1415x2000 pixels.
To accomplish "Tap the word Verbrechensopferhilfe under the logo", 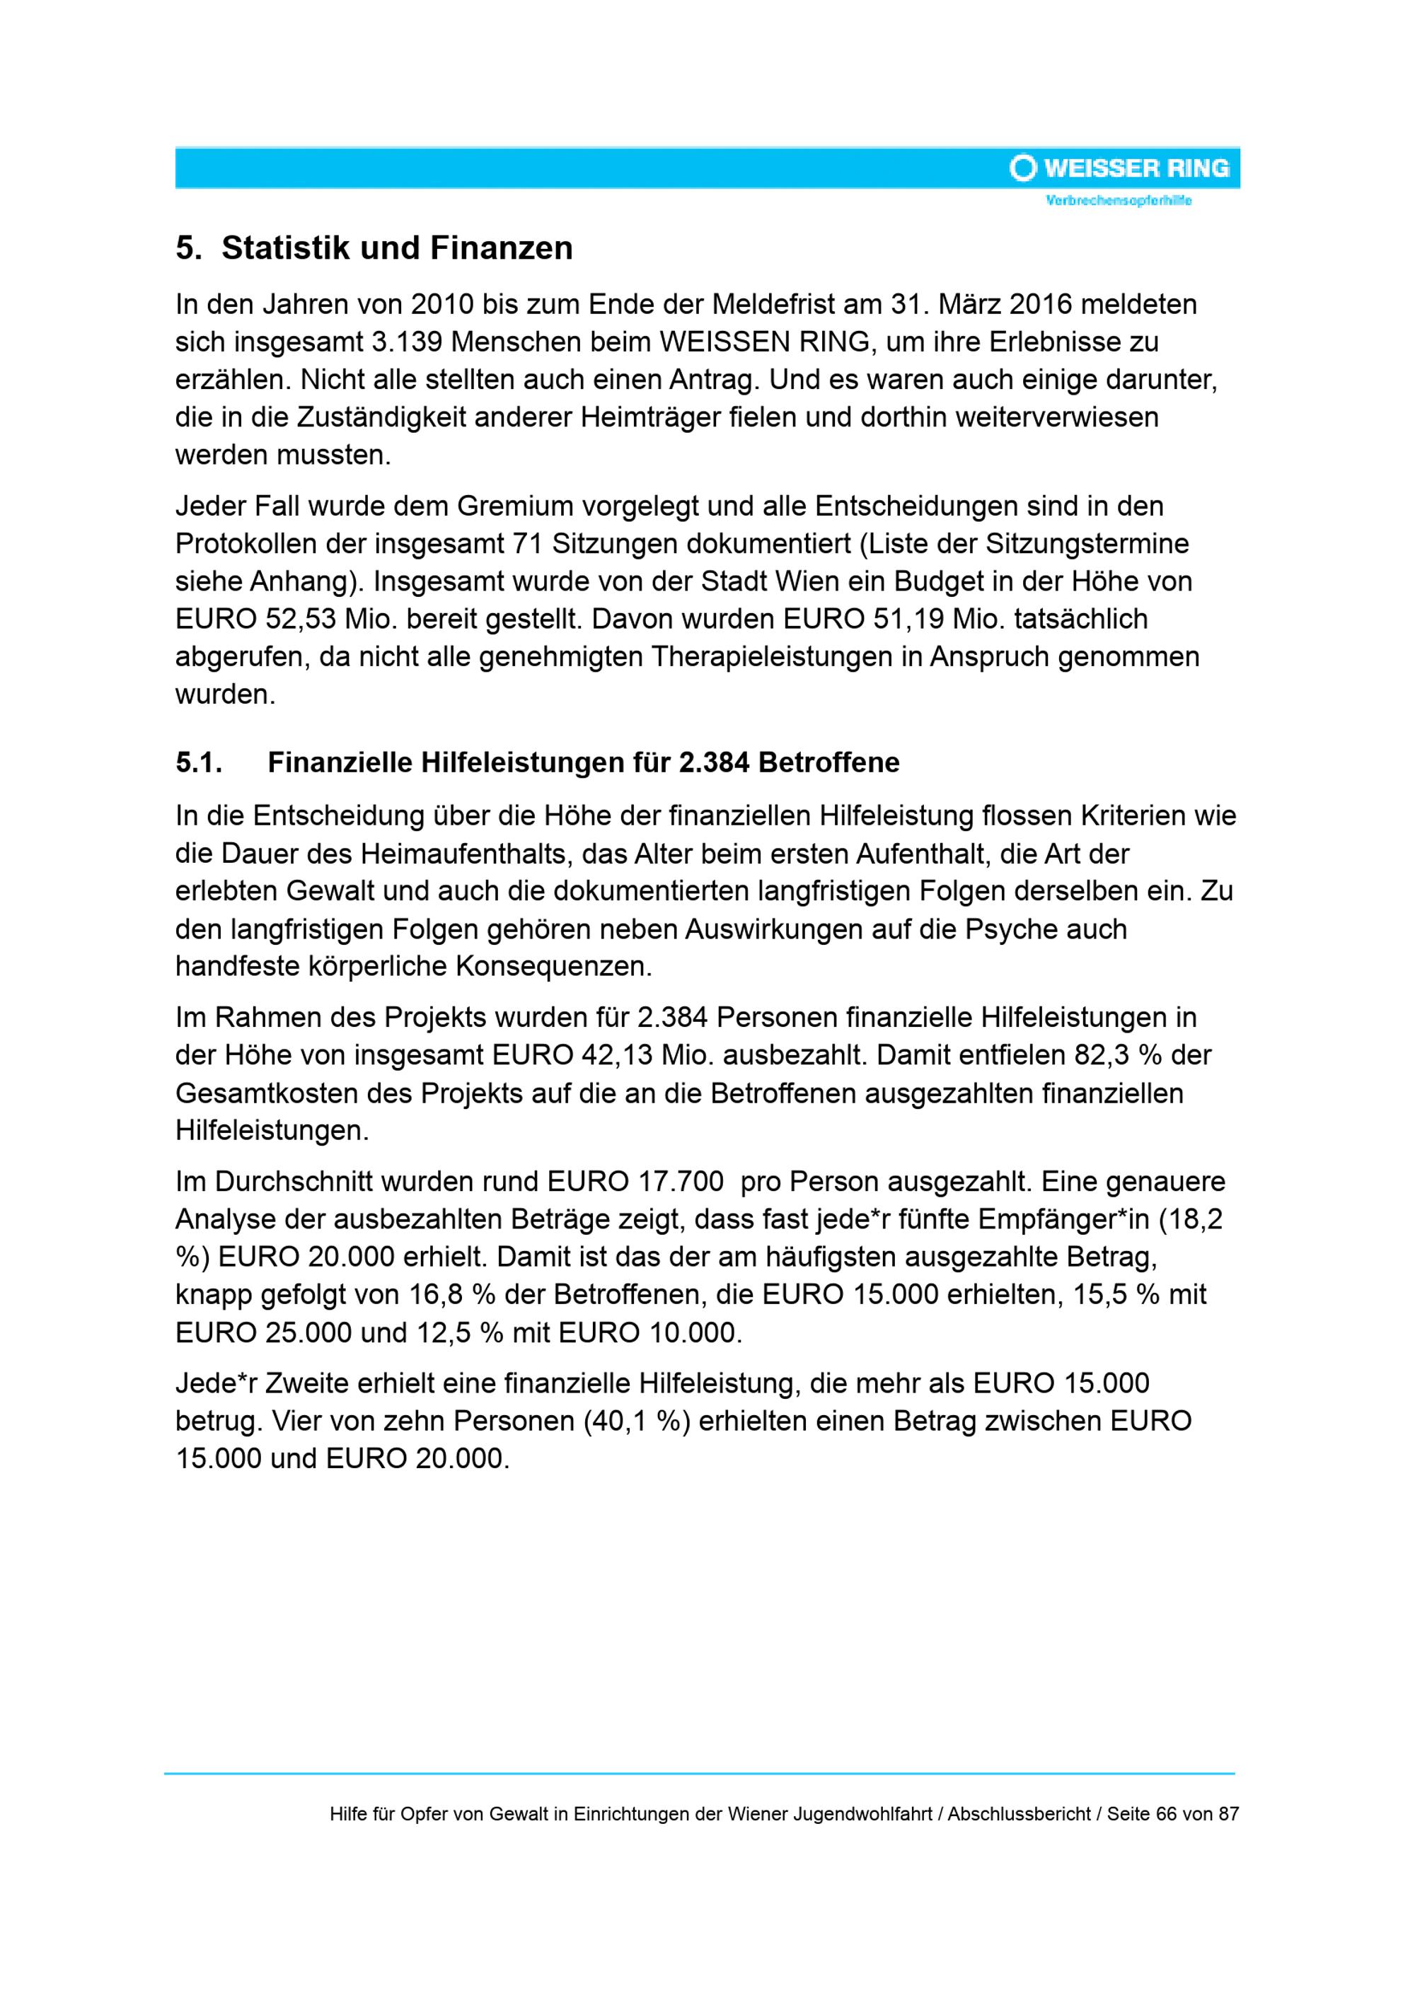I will coord(1119,202).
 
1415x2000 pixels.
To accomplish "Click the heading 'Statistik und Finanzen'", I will coord(398,248).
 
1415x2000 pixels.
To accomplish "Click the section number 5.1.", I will coord(199,762).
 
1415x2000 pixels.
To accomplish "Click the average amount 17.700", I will coord(681,1181).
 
